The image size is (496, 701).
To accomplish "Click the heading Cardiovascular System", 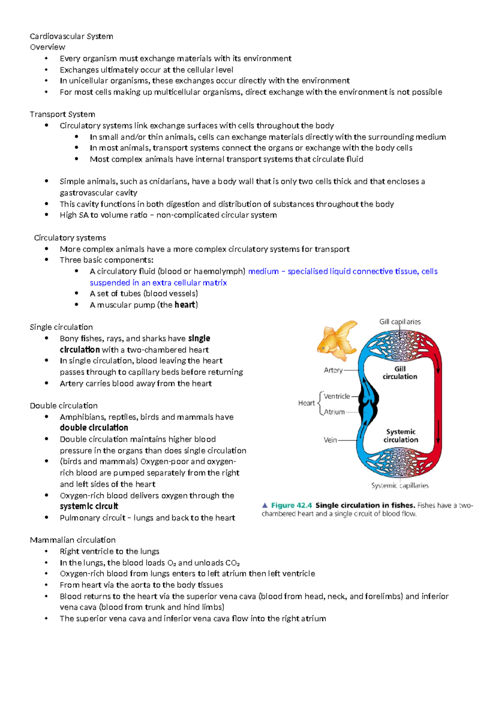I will coord(71,36).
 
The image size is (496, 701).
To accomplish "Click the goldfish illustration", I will coord(337,341).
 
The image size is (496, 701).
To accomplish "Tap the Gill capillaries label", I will coord(400,322).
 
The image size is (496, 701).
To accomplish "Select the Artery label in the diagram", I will coord(333,370).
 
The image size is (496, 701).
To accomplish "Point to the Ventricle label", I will coord(337,396).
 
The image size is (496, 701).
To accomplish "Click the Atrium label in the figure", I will coord(334,412).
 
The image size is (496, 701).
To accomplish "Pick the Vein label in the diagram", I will coord(330,440).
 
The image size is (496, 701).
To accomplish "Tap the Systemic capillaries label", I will coord(400,486).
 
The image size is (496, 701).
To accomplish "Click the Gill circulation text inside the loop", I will coord(400,373).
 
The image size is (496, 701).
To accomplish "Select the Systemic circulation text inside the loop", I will coord(401,436).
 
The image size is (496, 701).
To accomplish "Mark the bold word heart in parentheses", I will coord(185,305).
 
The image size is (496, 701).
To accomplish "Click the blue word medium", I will coord(263,272).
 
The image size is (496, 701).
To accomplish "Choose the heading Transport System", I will coord(62,114).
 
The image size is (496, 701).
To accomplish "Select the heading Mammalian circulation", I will coord(73,540).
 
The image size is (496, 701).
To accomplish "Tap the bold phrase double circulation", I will coord(94,428).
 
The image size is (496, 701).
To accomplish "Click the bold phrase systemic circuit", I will coord(89,507).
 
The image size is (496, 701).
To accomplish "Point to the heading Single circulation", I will coord(61,327).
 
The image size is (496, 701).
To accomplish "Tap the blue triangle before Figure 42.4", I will coord(265,505).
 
